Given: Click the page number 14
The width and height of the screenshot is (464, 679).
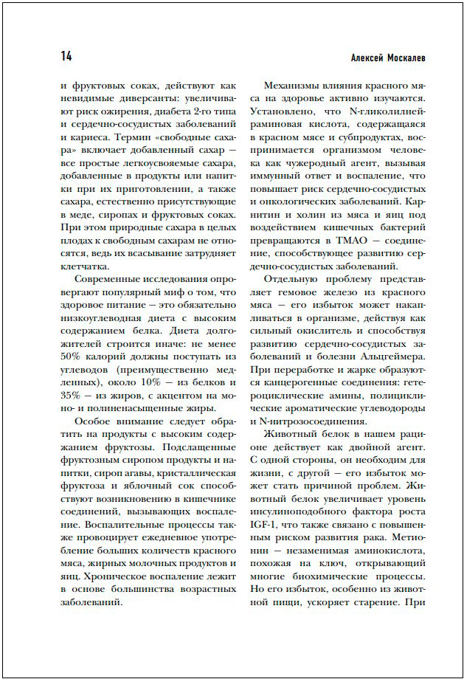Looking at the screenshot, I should pyautogui.click(x=66, y=57).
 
